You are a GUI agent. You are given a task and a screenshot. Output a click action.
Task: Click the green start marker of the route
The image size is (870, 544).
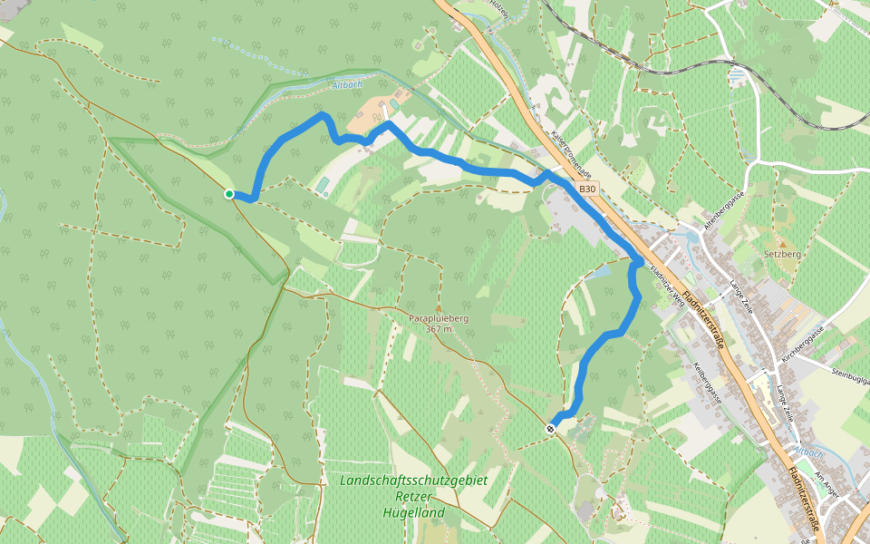pyautogui.click(x=229, y=194)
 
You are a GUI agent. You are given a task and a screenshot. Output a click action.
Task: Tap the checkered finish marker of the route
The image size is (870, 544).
pyautogui.click(x=551, y=427)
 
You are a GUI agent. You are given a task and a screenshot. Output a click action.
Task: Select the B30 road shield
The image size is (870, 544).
pyautogui.click(x=587, y=189)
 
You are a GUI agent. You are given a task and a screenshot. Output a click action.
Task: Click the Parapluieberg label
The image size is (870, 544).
pyautogui.click(x=439, y=318)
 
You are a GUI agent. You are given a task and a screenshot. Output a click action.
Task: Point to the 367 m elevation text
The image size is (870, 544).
pyautogui.click(x=439, y=329)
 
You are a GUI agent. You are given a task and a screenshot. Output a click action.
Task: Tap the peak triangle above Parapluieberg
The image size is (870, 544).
pyautogui.click(x=439, y=307)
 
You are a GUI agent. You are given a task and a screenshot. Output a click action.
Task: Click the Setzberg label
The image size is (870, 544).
pyautogui.click(x=782, y=255)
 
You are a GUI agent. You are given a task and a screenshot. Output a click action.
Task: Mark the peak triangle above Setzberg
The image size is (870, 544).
pyautogui.click(x=782, y=244)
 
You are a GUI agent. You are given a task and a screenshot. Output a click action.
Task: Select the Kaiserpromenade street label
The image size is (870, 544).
pyautogui.click(x=571, y=152)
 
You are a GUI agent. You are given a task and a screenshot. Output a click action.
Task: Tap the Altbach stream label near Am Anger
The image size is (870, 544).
pyautogui.click(x=808, y=451)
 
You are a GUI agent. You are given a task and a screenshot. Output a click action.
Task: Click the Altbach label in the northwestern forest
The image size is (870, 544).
pyautogui.click(x=348, y=85)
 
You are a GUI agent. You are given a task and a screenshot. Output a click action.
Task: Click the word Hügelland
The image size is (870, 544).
pyautogui.click(x=412, y=513)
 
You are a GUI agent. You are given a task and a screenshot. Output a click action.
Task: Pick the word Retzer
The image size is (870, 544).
pyautogui.click(x=413, y=497)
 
